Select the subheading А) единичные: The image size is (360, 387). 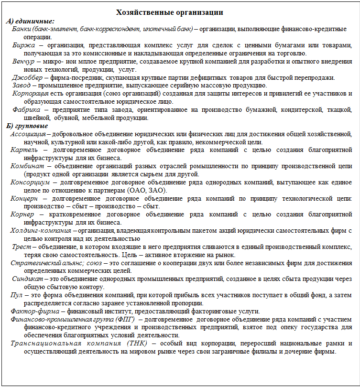[x=30, y=21]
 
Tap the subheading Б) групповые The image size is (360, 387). [x=27, y=126]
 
